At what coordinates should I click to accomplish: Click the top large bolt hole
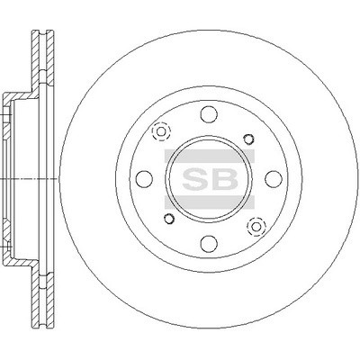point(209,114)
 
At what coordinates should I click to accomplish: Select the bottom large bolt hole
point(209,243)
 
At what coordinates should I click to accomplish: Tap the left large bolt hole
point(144,179)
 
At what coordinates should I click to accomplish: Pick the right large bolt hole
point(274,179)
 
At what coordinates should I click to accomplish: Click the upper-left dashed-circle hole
point(161,131)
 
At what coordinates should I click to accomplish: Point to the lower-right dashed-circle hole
point(256,226)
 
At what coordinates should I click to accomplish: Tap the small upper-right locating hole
point(248,139)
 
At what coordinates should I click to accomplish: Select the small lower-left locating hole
point(169,219)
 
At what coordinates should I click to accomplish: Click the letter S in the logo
point(194,179)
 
